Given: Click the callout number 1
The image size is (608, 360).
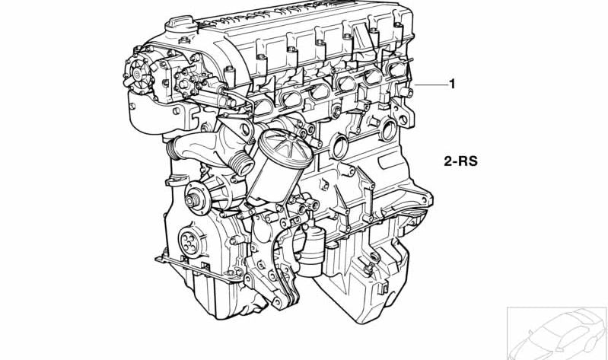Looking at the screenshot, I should pyautogui.click(x=452, y=84).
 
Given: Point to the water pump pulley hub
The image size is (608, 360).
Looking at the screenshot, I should pyautogui.click(x=194, y=201).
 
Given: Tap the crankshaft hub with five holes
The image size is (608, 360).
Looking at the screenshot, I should pyautogui.click(x=188, y=242).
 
